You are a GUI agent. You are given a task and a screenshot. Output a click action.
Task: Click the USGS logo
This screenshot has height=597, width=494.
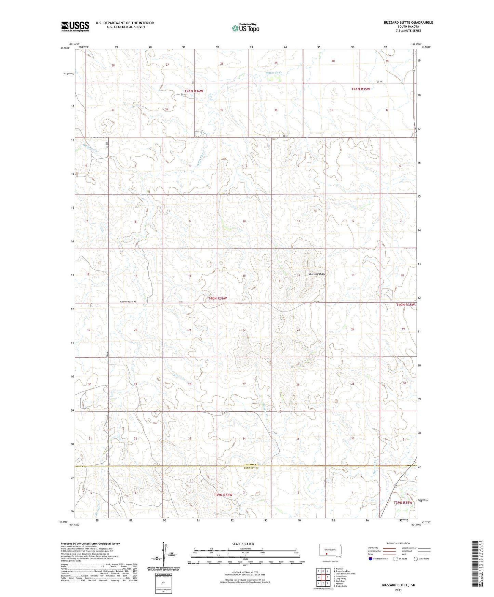[x=75, y=26]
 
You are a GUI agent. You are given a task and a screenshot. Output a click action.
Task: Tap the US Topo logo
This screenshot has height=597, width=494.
[x=245, y=28]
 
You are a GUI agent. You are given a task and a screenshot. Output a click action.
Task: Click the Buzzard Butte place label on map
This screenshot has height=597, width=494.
[x=317, y=274]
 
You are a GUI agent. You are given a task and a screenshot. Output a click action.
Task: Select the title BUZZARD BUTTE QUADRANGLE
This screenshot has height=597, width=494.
[x=408, y=23]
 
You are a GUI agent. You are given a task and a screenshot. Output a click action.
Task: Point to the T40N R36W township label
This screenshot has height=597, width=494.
[x=217, y=298]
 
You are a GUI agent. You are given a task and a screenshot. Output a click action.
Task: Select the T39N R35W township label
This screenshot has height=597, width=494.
[x=403, y=503]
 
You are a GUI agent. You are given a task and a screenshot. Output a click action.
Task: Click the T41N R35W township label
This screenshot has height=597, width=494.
[x=361, y=89]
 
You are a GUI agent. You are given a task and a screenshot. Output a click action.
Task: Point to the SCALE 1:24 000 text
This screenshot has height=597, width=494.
[x=243, y=544]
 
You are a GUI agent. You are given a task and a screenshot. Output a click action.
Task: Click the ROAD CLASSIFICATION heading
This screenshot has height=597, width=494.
[x=398, y=543]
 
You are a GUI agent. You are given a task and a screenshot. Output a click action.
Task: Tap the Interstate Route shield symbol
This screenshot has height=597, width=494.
[x=371, y=559]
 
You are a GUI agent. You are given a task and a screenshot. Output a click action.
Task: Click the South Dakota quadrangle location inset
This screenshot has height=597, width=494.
[x=328, y=552]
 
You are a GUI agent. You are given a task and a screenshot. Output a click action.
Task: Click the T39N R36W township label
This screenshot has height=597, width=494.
[x=223, y=495]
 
